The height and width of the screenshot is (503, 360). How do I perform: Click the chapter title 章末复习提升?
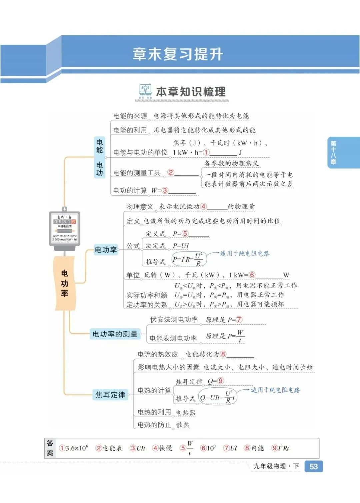(x=178, y=54)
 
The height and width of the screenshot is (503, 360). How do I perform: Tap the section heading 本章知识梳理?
(x=191, y=92)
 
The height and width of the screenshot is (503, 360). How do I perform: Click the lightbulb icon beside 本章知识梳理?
(x=145, y=91)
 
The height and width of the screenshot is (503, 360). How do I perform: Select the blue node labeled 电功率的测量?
(x=115, y=334)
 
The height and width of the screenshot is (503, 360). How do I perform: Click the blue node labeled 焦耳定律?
(x=110, y=395)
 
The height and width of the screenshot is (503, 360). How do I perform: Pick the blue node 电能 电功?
(x=99, y=157)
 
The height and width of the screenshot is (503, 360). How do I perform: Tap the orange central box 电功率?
(x=65, y=283)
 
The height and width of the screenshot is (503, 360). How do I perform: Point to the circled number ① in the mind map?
(x=206, y=152)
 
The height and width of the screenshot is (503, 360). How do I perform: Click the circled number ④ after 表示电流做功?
(x=203, y=206)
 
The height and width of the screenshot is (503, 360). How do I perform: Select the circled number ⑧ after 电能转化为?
(x=223, y=354)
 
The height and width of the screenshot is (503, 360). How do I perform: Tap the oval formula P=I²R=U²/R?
(x=188, y=259)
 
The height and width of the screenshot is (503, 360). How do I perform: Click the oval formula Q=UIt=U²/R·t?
(x=217, y=396)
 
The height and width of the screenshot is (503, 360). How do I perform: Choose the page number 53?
(x=314, y=466)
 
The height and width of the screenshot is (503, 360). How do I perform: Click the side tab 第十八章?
(x=333, y=153)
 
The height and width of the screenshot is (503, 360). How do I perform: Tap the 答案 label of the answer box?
(x=50, y=448)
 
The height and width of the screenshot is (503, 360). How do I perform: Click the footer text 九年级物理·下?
(x=276, y=466)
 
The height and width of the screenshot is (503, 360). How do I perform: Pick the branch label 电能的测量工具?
(x=137, y=173)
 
